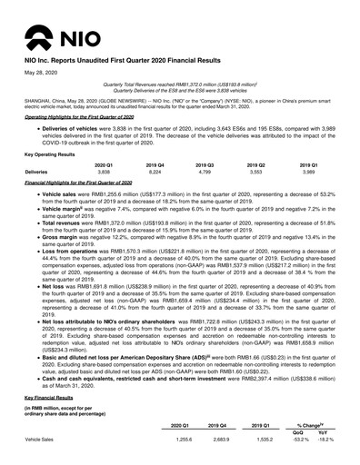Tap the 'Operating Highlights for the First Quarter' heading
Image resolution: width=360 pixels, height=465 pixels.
click(x=78, y=118)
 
